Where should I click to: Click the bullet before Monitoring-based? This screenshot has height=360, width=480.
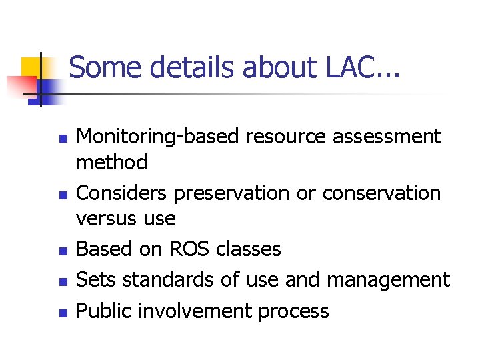[62, 141]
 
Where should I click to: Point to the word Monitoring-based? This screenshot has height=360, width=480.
[159, 137]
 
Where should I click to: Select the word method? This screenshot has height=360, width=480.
[112, 162]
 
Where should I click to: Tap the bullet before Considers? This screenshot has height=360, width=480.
[62, 197]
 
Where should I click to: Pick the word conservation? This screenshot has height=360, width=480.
[381, 193]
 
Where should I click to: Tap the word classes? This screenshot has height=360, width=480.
[249, 249]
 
